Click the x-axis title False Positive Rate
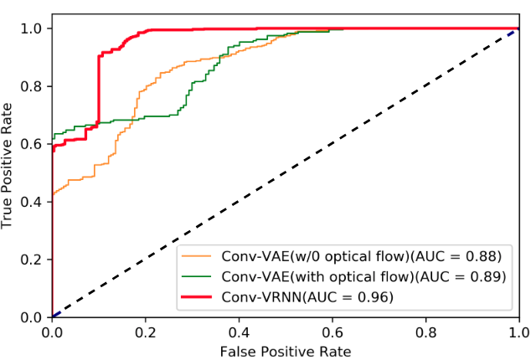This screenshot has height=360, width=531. [x=285, y=350]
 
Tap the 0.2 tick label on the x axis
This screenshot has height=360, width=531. [x=146, y=332]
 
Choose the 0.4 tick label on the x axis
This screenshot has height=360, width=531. [x=239, y=332]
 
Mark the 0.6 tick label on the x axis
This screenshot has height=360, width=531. [x=333, y=332]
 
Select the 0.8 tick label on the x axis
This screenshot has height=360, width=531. [x=425, y=332]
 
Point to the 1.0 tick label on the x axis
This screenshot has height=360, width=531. [x=518, y=332]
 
